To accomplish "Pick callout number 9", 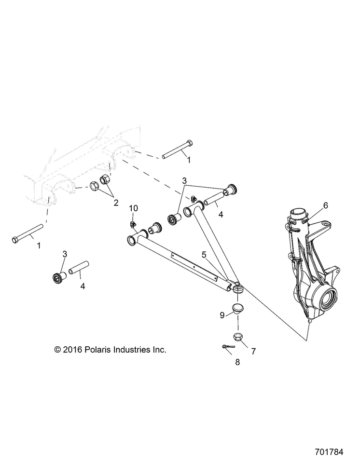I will pos(222,315).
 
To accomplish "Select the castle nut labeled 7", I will pos(237,336).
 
